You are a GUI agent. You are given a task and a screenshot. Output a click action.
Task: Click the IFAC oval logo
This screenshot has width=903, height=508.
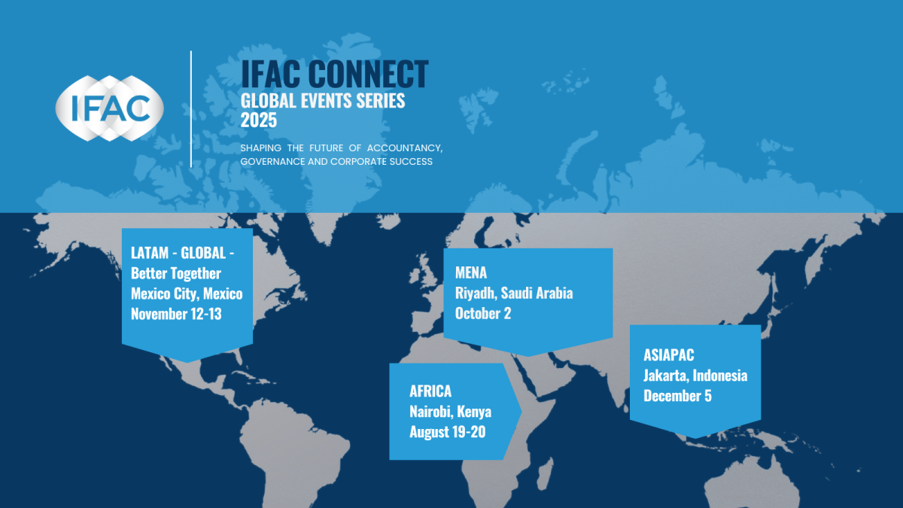click(x=109, y=109)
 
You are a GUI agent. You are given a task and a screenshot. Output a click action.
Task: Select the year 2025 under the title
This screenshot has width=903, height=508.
click(x=259, y=119)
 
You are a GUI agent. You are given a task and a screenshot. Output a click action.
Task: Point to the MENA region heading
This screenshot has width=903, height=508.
click(x=471, y=272)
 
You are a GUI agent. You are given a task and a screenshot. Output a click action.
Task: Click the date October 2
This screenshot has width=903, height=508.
click(x=482, y=313)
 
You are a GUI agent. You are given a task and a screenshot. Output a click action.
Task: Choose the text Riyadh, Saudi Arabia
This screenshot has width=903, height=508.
click(x=513, y=293)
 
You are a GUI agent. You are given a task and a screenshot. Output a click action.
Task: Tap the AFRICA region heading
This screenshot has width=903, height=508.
click(x=430, y=391)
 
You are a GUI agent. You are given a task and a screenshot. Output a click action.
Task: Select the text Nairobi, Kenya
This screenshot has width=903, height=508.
click(x=450, y=412)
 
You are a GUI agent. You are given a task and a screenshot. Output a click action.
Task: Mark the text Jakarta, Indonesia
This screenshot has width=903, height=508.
click(x=695, y=375)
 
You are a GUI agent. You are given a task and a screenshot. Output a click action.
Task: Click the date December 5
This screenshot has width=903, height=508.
click(x=677, y=395)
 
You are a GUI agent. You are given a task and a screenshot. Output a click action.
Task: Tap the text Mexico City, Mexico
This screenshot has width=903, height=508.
click(x=187, y=294)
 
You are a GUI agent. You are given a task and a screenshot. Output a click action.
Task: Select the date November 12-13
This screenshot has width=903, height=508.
click(x=176, y=314)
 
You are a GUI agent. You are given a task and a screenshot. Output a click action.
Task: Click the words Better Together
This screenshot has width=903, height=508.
click(x=175, y=273)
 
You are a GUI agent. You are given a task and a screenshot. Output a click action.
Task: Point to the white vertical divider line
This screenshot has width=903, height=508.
click(x=191, y=109)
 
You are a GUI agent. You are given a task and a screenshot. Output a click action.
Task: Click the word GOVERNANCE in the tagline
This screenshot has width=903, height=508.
click(x=273, y=162)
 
